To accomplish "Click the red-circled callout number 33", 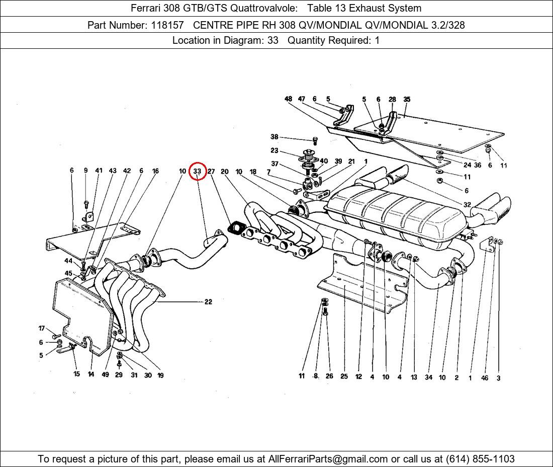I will (x=197, y=171).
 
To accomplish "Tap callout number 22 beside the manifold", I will (x=208, y=302).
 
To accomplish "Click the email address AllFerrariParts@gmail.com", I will (x=328, y=459).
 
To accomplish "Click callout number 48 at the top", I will (x=288, y=99).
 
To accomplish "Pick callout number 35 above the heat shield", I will (x=407, y=99).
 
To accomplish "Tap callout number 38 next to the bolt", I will (x=274, y=137).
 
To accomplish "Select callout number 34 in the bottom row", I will (x=428, y=377).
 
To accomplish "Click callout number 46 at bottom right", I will (x=485, y=378).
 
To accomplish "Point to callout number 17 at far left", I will (x=42, y=329).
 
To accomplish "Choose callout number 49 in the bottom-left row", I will (x=105, y=375).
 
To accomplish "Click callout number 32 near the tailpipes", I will (x=467, y=205).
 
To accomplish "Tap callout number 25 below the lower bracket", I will (x=344, y=376).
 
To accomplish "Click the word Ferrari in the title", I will (x=146, y=8).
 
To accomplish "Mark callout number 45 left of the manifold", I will (x=68, y=273).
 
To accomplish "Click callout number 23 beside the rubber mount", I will (x=274, y=150).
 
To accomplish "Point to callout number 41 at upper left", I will (x=99, y=171).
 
